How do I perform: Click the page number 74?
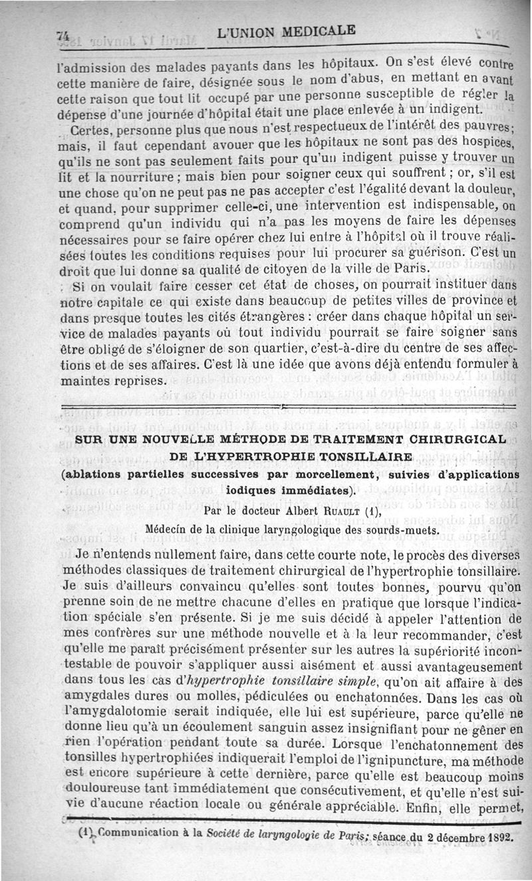click(x=64, y=39)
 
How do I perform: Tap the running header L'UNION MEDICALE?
click(x=287, y=31)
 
